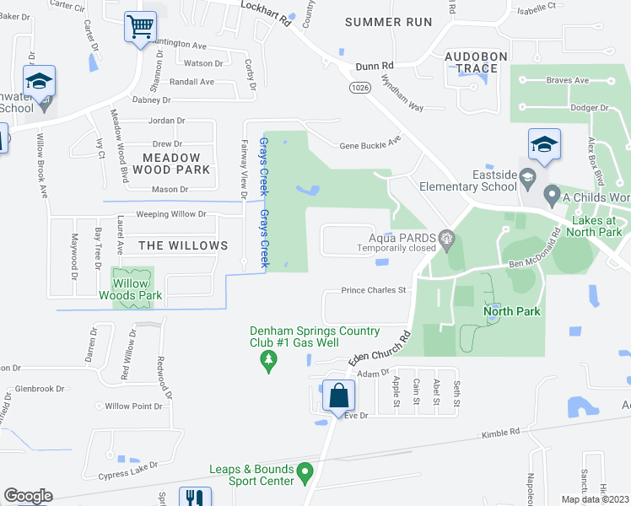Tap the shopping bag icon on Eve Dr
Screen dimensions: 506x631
click(338, 395)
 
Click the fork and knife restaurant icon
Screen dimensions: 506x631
click(195, 498)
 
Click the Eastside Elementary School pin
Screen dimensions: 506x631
click(528, 176)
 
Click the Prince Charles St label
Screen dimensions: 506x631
click(374, 290)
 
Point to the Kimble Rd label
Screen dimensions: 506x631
click(501, 433)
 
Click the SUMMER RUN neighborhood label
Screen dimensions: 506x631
click(388, 22)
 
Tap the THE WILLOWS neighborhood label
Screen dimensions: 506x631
click(183, 245)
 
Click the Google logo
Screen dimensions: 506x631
click(29, 496)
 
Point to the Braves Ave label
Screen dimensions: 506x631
click(567, 80)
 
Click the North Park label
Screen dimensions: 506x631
click(511, 311)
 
